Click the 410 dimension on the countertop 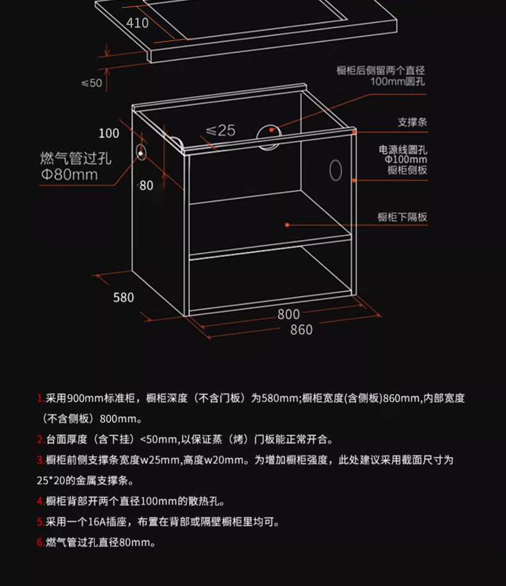pyautogui.click(x=138, y=23)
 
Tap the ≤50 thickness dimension pyautogui.click(x=92, y=83)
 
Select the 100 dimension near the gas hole pyautogui.click(x=109, y=133)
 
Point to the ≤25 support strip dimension pyautogui.click(x=220, y=131)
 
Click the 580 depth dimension pyautogui.click(x=124, y=298)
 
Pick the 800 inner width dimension pyautogui.click(x=288, y=314)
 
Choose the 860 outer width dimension pyautogui.click(x=301, y=330)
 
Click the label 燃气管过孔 pyautogui.click(x=76, y=158)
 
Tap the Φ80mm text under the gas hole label pyautogui.click(x=70, y=175)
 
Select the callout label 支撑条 pyautogui.click(x=412, y=122)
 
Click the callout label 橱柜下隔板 pyautogui.click(x=402, y=217)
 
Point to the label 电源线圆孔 pyautogui.click(x=403, y=150)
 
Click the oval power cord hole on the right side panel pyautogui.click(x=336, y=170)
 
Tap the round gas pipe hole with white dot pyautogui.click(x=141, y=152)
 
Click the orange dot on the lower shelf pyautogui.click(x=287, y=225)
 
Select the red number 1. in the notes pyautogui.click(x=41, y=398)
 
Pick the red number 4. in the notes pyautogui.click(x=41, y=501)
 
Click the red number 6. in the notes pyautogui.click(x=41, y=542)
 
